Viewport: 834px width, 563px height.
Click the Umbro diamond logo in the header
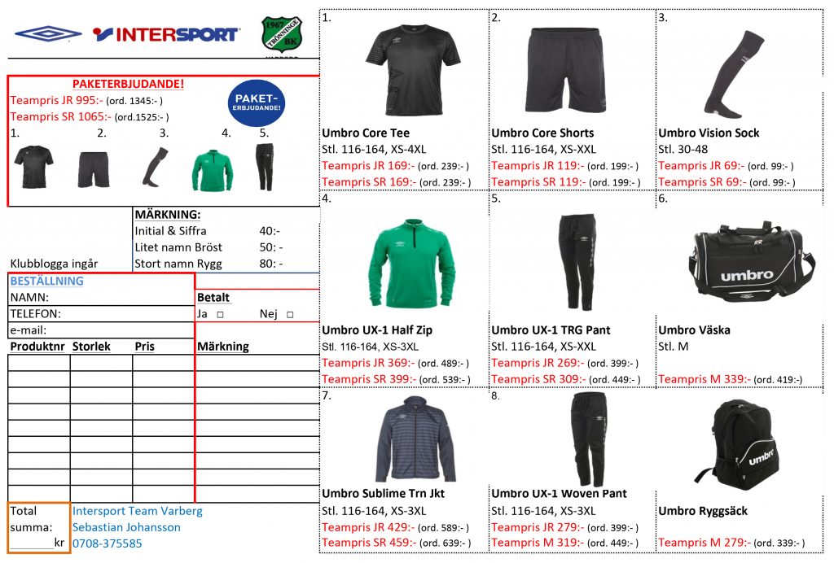pos(48,33)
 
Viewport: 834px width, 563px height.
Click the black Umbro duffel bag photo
pos(746,261)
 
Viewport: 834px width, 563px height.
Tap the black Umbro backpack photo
pos(741,443)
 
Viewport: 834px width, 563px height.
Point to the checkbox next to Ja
pos(220,314)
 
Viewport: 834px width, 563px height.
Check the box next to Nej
pos(289,314)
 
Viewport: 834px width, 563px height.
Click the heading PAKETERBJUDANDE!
pos(128,84)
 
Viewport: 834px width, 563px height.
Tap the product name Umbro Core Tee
pos(366,133)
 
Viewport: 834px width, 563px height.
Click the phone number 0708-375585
pos(107,543)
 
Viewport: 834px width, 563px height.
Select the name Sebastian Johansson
pos(126,526)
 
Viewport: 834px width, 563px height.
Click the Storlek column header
pos(91,347)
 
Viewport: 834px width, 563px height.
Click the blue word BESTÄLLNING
pos(46,281)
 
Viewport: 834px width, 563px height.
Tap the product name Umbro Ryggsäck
pos(703,511)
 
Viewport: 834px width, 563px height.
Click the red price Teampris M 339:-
pos(704,379)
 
